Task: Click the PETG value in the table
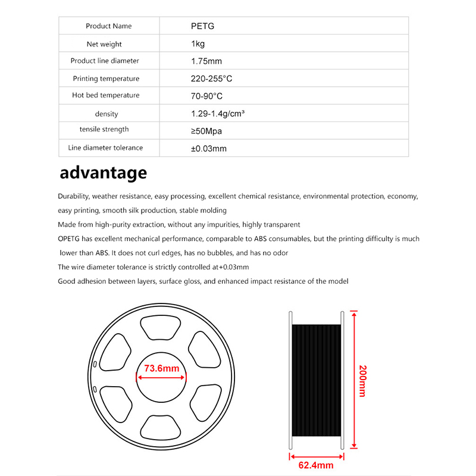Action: click(199, 26)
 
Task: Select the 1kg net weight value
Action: click(198, 44)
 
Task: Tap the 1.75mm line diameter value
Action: click(206, 61)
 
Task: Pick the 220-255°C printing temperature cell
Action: click(211, 79)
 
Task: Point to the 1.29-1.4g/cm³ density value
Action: click(218, 113)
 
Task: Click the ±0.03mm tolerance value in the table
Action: click(208, 148)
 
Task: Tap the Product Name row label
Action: click(109, 26)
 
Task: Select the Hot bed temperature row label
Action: click(106, 95)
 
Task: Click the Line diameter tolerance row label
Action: click(106, 148)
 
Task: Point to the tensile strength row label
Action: click(104, 129)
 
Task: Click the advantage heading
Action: click(103, 173)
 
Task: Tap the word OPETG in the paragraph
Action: click(70, 239)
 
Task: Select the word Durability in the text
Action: click(73, 196)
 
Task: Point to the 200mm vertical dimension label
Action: click(362, 381)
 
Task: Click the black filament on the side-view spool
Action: click(316, 381)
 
